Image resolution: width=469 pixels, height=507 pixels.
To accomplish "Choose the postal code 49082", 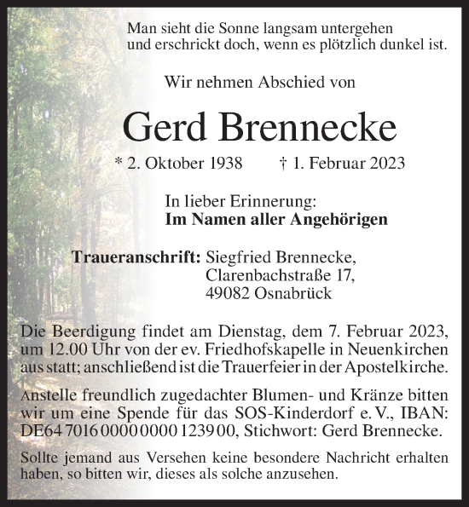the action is point(228,294).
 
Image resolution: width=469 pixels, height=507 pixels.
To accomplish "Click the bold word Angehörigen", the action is point(338,219).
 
